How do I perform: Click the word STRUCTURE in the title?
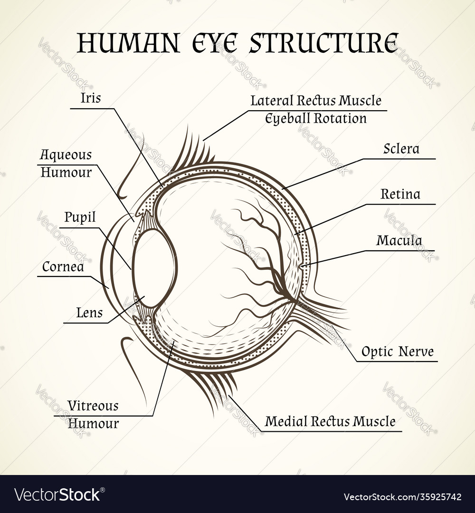click(324, 43)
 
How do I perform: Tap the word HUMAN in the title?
click(129, 43)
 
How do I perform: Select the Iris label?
click(91, 98)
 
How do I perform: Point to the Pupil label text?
click(80, 218)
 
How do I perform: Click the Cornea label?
click(63, 267)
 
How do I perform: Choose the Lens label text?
click(89, 313)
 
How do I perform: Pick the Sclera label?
click(401, 149)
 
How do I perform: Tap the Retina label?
click(400, 194)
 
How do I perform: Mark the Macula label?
click(399, 241)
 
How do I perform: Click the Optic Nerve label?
click(397, 352)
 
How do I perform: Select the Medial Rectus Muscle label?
click(330, 421)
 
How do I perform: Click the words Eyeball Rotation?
click(316, 118)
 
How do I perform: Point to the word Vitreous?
click(93, 406)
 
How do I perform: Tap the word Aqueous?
click(66, 155)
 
